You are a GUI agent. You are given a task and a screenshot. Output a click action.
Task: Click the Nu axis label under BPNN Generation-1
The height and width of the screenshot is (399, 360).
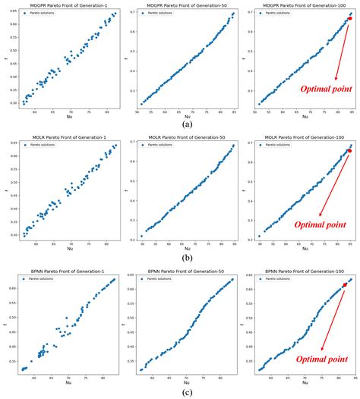tap(69, 381)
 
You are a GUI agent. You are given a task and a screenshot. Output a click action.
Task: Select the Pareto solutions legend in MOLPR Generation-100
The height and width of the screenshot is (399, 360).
tap(273, 148)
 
